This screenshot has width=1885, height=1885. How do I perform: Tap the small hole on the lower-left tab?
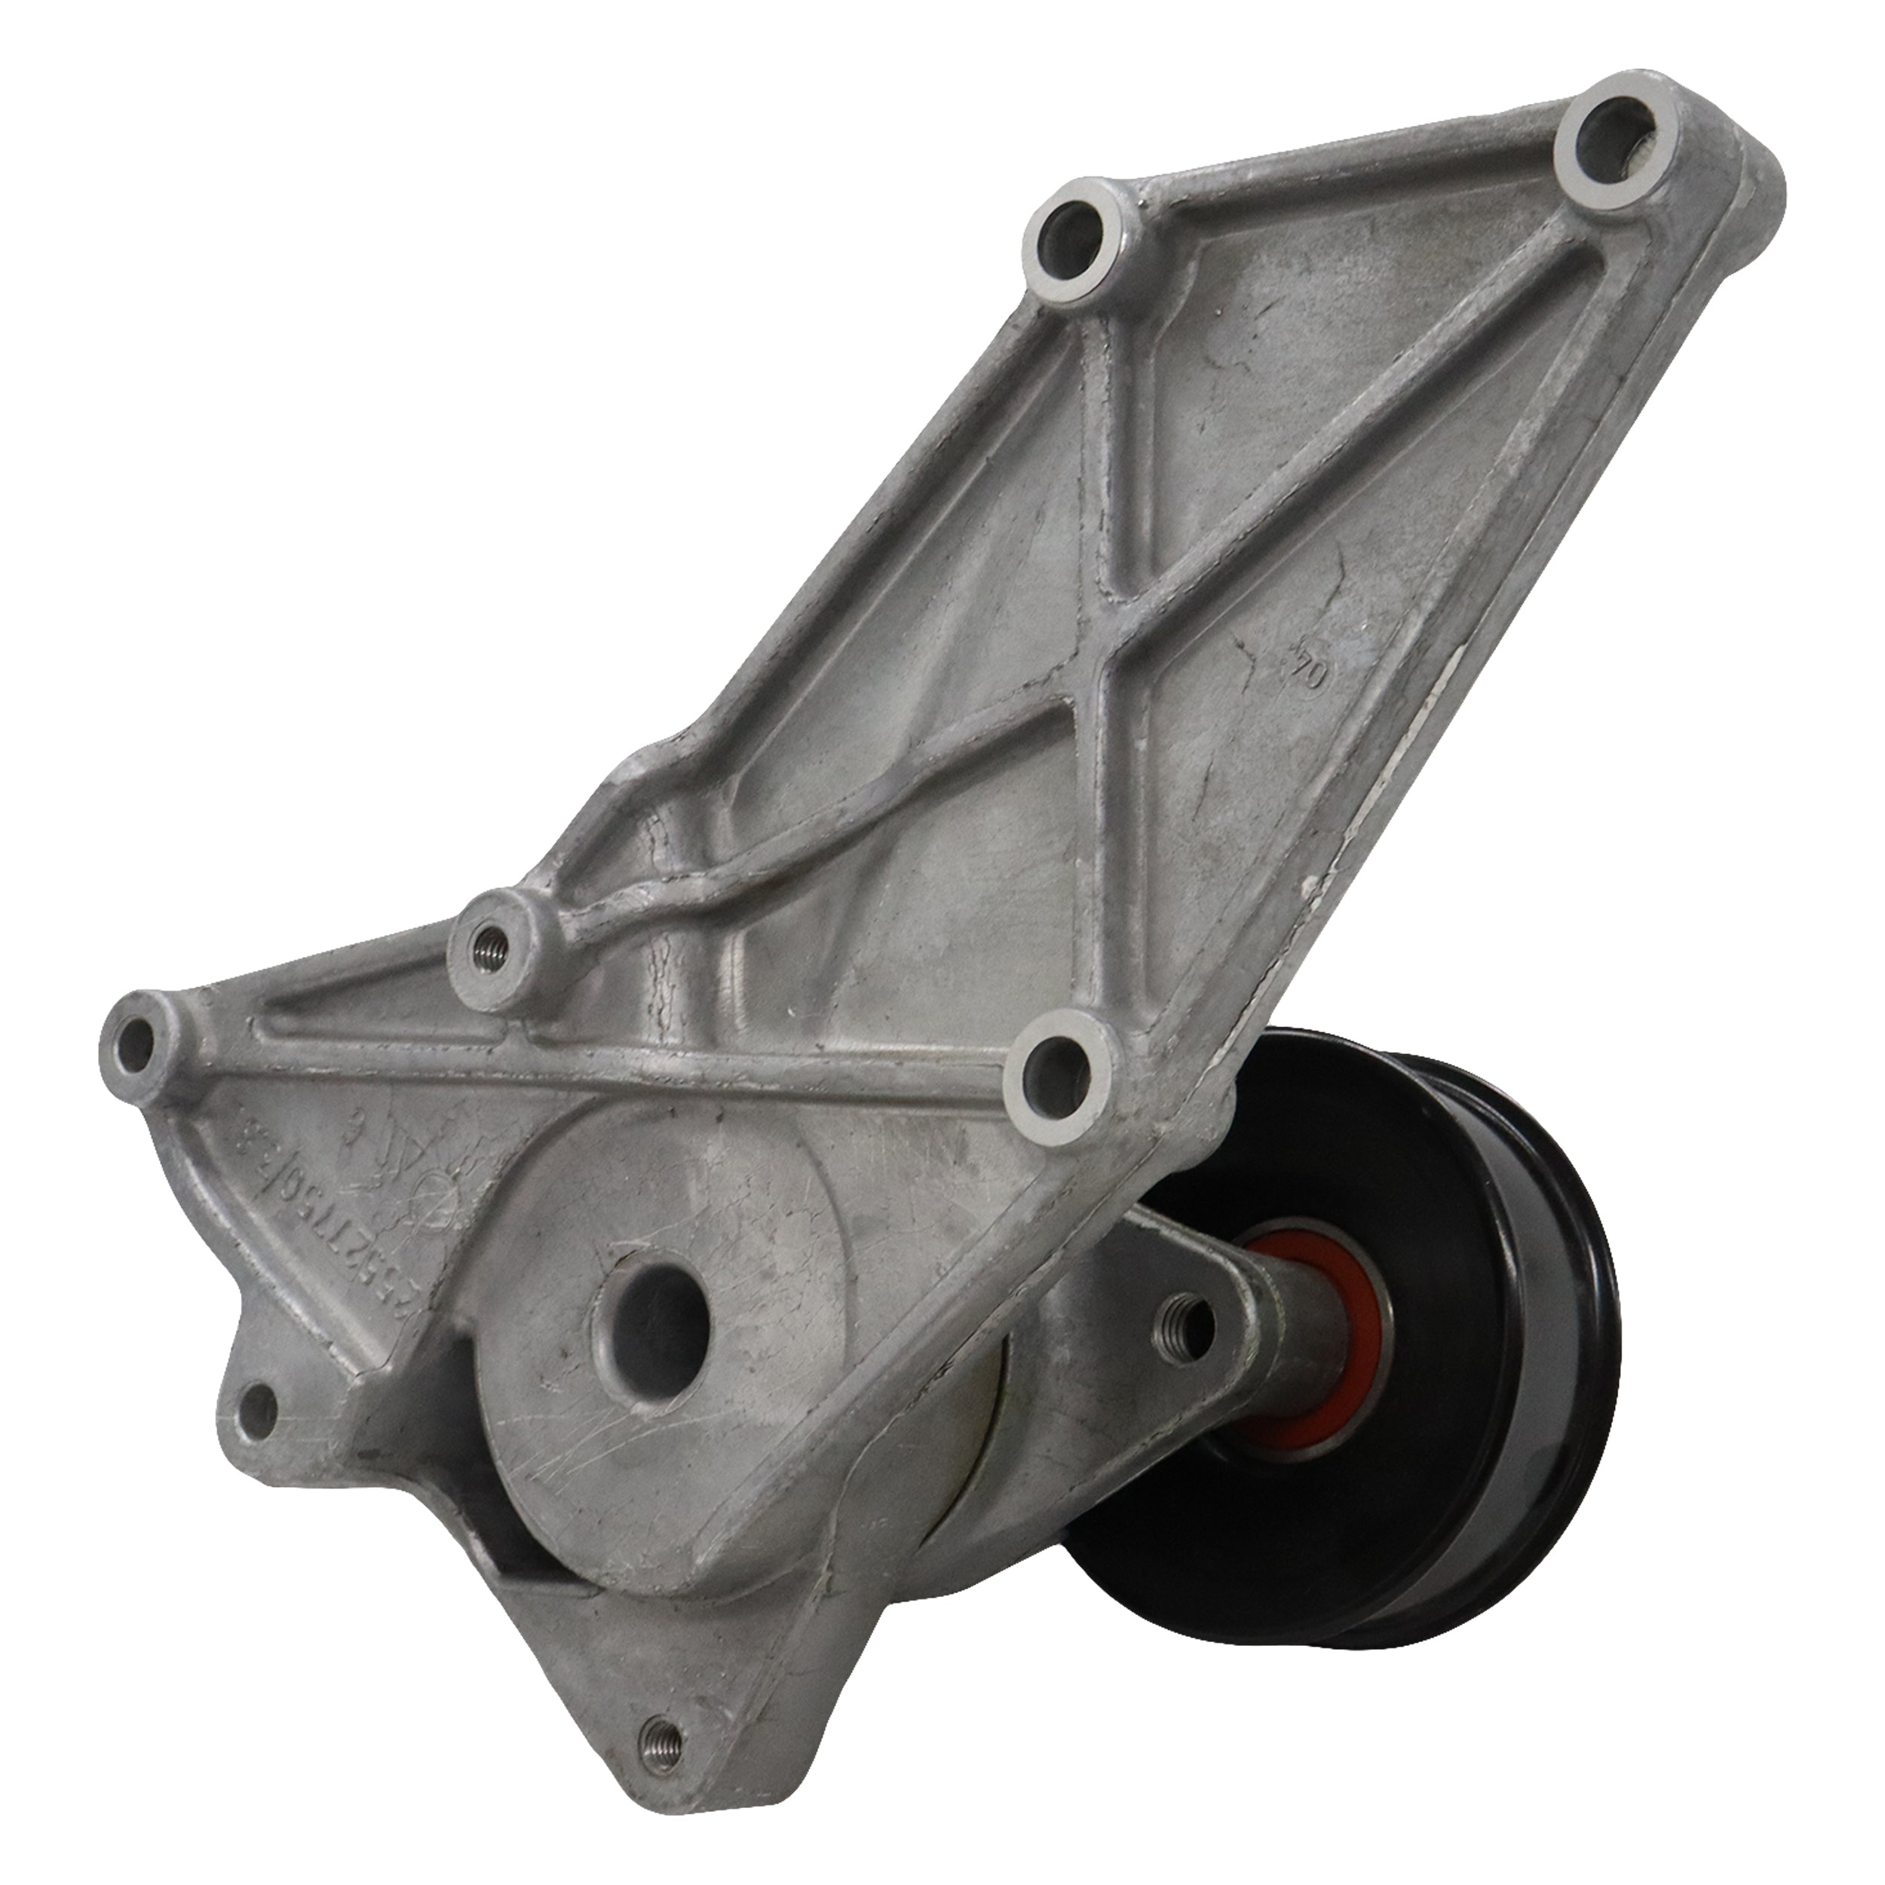tap(256, 1407)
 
